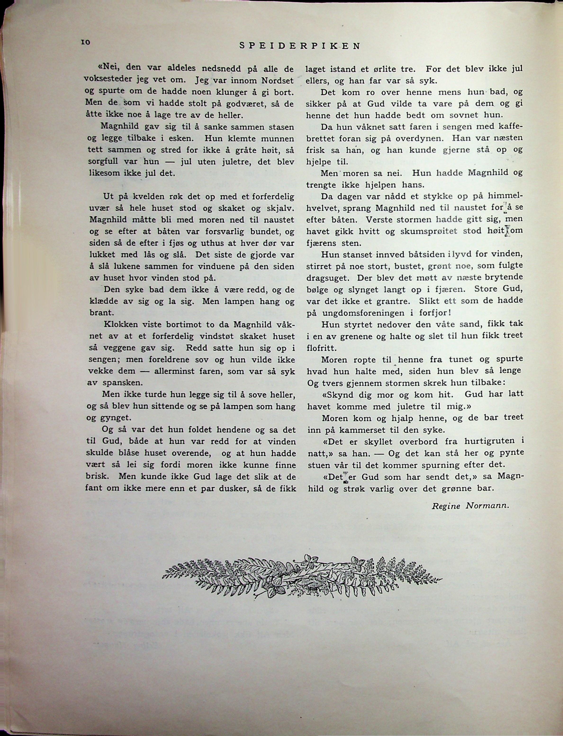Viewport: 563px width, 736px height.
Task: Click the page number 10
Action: [85, 42]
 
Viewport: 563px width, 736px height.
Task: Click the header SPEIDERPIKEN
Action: [300, 46]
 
